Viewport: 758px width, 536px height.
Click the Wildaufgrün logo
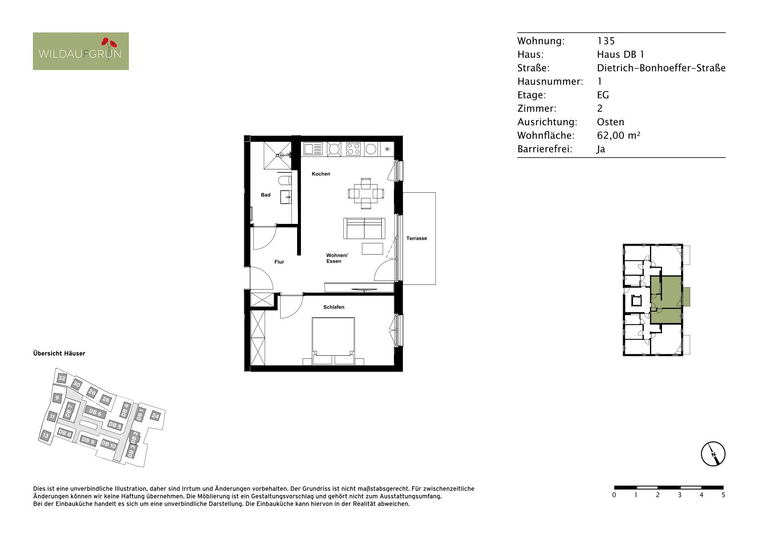pos(81,51)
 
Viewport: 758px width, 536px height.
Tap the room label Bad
pos(265,195)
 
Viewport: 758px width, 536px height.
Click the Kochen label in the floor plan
pos(321,174)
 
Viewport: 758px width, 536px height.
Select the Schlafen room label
pos(334,307)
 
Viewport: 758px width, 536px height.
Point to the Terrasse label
pos(416,238)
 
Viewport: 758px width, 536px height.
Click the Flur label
pos(279,262)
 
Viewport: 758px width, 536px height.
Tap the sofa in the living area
pos(364,228)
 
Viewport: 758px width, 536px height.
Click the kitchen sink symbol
pos(313,149)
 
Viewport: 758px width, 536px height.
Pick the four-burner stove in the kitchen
pos(353,149)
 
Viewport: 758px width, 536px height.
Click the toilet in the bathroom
pos(285,180)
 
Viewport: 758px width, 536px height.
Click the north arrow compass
pos(713,454)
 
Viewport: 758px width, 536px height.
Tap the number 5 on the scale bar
pos(723,495)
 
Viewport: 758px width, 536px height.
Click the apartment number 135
pos(606,41)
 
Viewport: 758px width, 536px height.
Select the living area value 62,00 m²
pos(618,135)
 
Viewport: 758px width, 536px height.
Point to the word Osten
pos(611,122)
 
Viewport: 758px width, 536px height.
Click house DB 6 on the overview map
pos(96,412)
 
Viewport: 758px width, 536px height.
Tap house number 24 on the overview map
pos(156,416)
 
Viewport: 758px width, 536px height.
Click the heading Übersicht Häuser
pos(59,353)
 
